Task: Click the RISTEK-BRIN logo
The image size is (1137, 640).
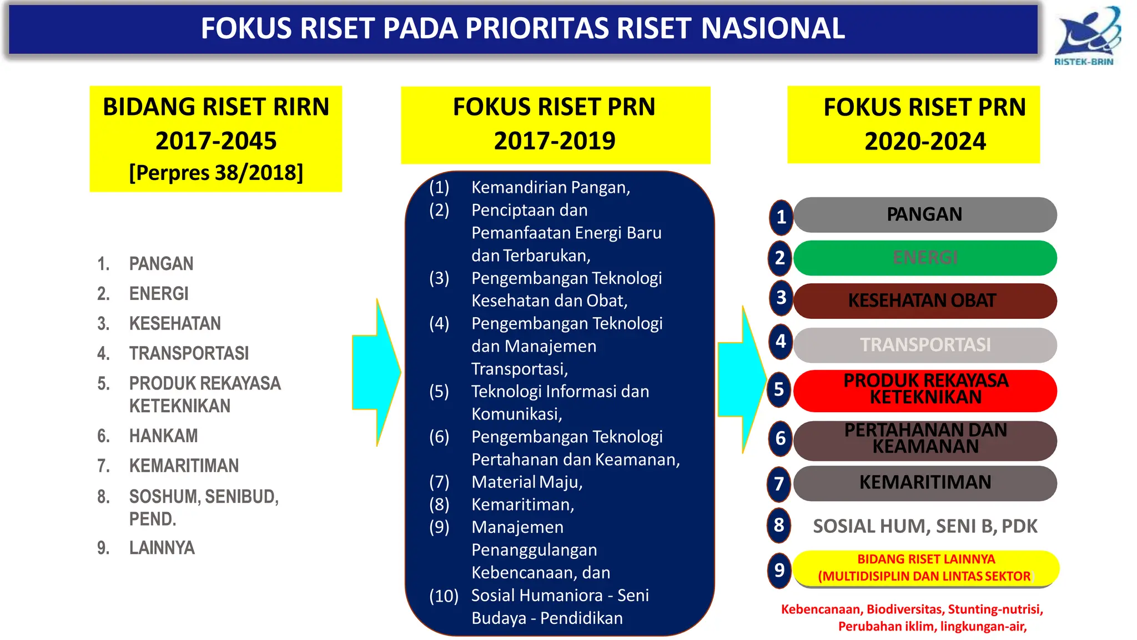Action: pos(1086,36)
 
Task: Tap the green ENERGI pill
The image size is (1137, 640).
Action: pos(925,258)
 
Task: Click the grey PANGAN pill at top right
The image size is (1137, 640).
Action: pos(925,214)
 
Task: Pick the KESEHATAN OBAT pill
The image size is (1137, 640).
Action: pos(925,301)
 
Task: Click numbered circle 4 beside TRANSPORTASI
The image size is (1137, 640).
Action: pos(781,341)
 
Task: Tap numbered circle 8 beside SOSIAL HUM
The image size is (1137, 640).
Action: pos(779,525)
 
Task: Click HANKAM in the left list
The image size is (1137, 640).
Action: pos(163,436)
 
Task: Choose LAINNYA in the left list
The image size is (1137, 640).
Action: pos(162,548)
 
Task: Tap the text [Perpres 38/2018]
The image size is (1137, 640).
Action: pos(216,173)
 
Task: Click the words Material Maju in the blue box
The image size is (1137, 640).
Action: pos(527,482)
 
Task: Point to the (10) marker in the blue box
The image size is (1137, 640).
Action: pos(444,596)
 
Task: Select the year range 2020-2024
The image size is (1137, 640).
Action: pos(925,141)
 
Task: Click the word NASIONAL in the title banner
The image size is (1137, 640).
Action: pos(773,28)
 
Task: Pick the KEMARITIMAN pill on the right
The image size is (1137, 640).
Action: pos(925,482)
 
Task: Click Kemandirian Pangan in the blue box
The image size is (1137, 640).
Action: pos(550,187)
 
